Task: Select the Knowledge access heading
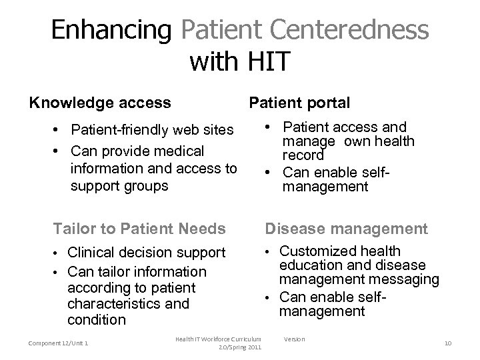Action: (99, 103)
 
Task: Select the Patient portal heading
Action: (299, 103)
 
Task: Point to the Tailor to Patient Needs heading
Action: (139, 229)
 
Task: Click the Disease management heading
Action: (347, 229)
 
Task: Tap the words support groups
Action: (119, 185)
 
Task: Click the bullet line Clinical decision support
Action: (147, 253)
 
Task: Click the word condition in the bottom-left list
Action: (97, 319)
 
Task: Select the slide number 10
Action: (447, 343)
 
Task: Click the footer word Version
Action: (294, 339)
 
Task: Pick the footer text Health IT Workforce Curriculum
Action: (219, 339)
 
